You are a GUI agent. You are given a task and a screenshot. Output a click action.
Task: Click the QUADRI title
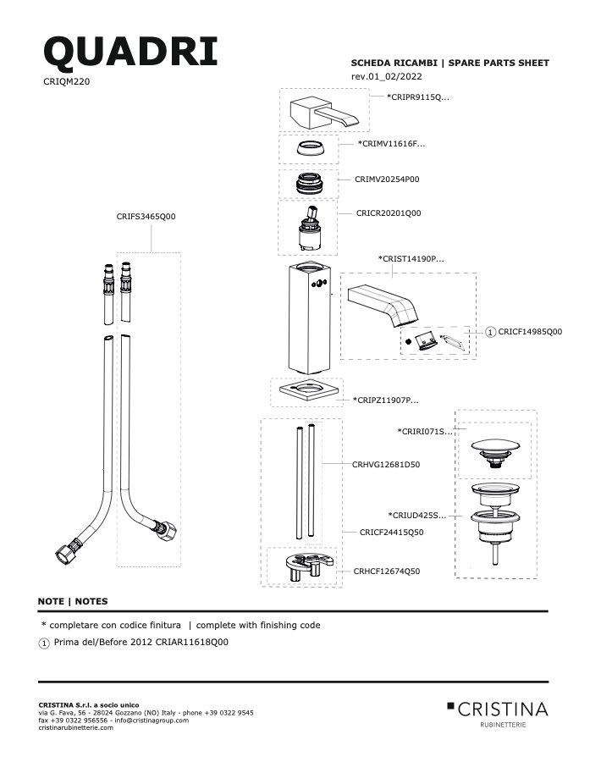(130, 52)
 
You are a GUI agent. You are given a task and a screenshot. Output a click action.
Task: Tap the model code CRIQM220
(67, 81)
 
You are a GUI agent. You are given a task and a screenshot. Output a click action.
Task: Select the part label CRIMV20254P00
(387, 179)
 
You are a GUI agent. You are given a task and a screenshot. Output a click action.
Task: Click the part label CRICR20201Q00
(389, 213)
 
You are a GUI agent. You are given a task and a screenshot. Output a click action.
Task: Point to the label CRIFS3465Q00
(146, 216)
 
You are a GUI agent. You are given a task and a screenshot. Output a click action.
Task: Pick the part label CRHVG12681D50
(386, 465)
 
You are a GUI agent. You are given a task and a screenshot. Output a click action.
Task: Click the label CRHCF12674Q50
(386, 571)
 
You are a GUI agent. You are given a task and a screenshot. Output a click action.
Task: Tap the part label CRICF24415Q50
(391, 533)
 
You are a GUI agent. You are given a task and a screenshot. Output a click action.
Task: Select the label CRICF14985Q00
(530, 332)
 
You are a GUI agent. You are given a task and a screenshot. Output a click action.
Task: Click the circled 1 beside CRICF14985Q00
(490, 332)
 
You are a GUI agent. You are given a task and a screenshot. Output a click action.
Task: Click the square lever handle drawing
(323, 113)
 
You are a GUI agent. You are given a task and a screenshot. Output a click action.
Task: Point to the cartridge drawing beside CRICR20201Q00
(309, 229)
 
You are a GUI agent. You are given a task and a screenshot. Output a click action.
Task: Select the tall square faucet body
(309, 317)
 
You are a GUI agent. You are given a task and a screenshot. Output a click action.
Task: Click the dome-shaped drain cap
(495, 452)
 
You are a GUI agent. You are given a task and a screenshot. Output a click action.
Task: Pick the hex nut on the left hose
(63, 553)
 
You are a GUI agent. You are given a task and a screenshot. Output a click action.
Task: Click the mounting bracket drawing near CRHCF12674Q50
(309, 566)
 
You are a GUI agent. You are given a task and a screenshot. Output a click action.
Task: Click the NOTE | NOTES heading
(73, 601)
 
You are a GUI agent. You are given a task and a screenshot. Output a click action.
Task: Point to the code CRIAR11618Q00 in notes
(191, 642)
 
